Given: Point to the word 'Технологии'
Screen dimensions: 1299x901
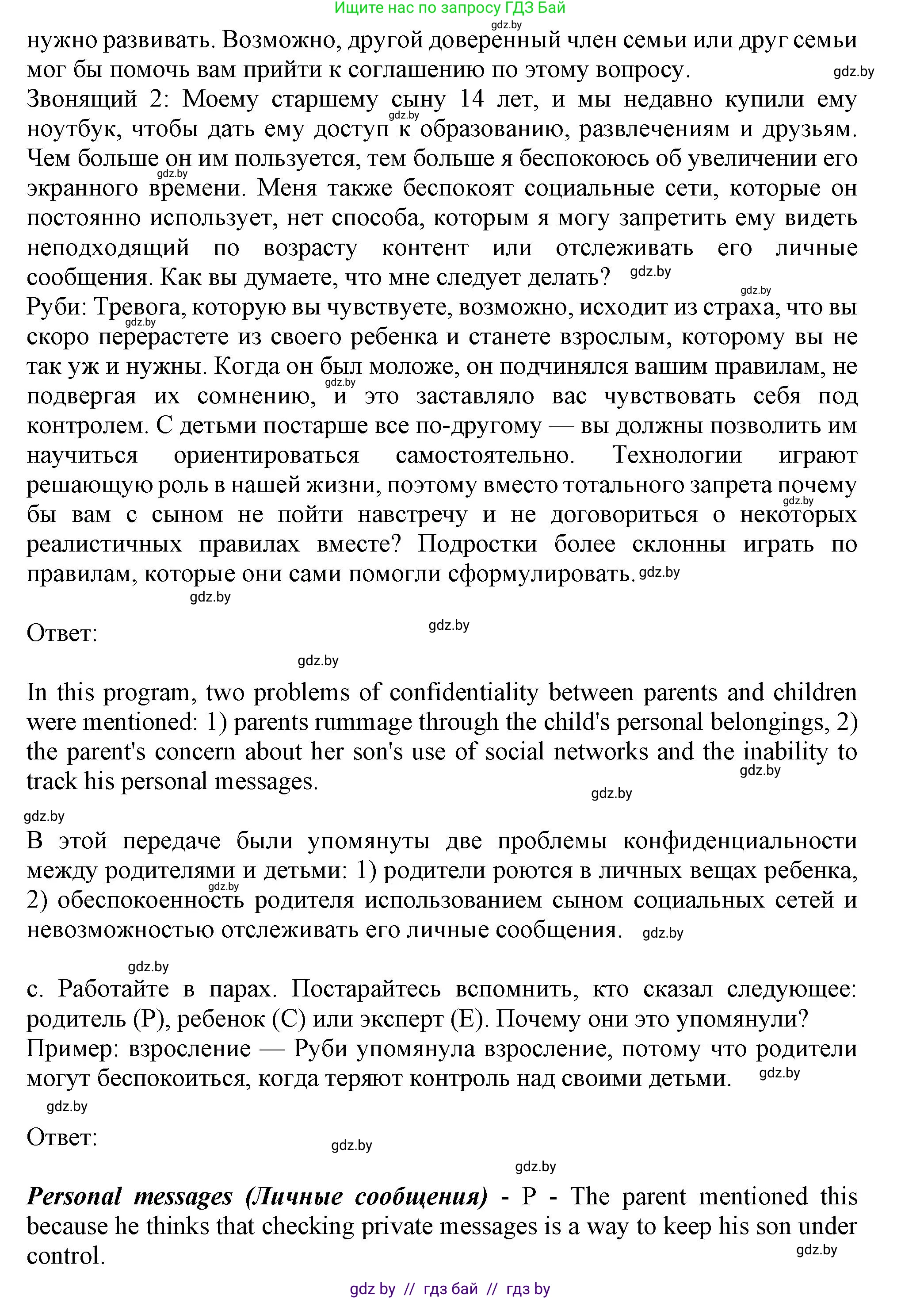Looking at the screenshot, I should coord(677,455).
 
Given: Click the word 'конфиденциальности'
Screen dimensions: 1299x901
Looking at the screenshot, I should coord(740,841).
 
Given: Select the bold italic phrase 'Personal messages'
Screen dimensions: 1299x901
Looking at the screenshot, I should coord(129,1197).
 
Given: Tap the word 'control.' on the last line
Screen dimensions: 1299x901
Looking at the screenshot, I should coord(66,1256).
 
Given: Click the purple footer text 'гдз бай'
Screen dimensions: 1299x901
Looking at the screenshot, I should coord(450,1285).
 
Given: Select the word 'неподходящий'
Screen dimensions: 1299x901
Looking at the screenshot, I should coord(108,248).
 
